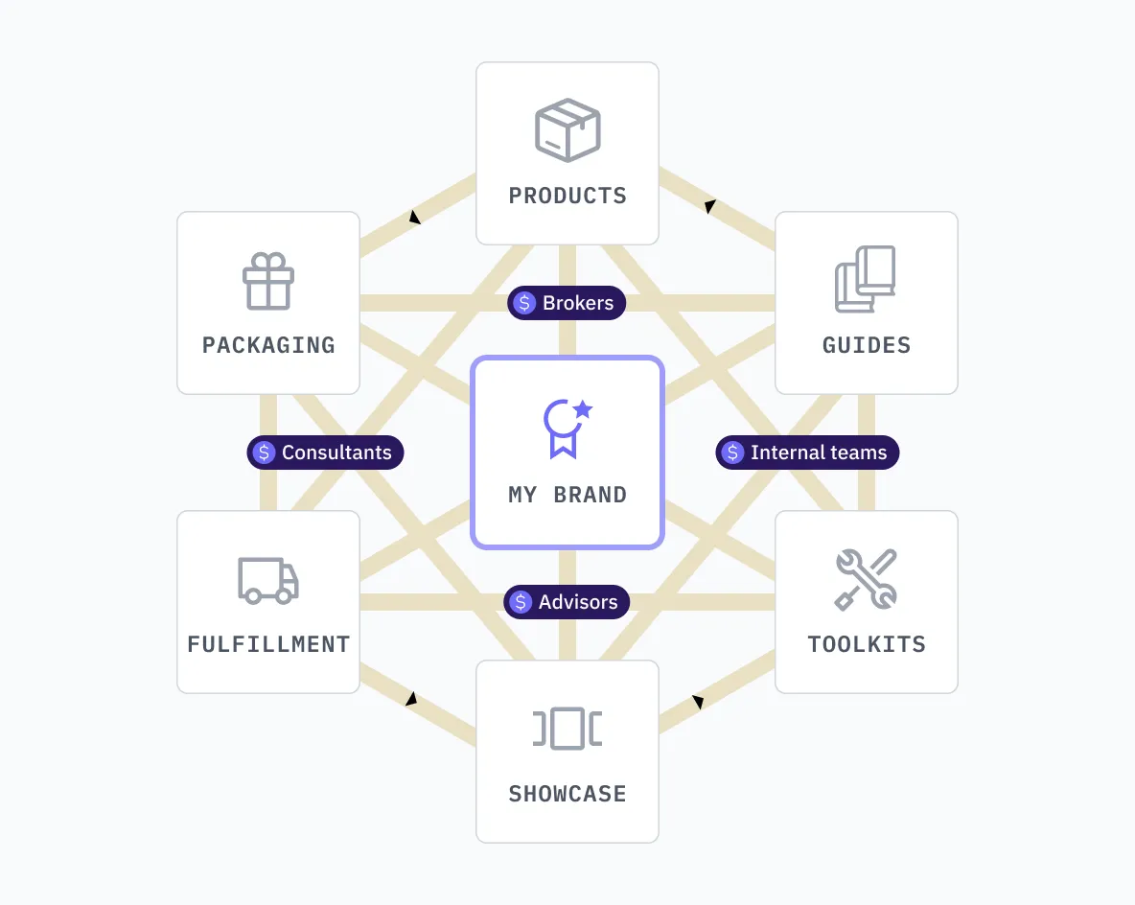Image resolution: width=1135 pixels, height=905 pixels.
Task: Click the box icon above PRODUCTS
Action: pyautogui.click(x=567, y=129)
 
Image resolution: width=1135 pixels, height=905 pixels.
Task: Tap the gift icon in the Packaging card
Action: pyautogui.click(x=268, y=281)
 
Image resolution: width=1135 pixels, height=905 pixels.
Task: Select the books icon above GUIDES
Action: pyautogui.click(x=866, y=279)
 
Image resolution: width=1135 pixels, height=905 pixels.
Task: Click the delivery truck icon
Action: pyautogui.click(x=268, y=580)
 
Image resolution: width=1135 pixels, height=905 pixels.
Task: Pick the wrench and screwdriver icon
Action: pyautogui.click(x=866, y=579)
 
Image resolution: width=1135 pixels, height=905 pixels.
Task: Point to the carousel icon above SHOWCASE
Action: pyautogui.click(x=567, y=729)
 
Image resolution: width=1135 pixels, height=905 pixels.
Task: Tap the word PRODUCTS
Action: pyautogui.click(x=567, y=196)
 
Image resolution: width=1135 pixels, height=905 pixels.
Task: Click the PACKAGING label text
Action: pyautogui.click(x=268, y=345)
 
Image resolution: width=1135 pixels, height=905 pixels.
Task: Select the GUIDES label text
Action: pyautogui.click(x=867, y=345)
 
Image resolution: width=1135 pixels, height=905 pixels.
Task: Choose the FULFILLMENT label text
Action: pyautogui.click(x=268, y=644)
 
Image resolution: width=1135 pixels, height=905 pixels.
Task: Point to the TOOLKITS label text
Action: pyautogui.click(x=867, y=644)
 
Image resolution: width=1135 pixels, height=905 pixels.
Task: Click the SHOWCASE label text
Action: pyautogui.click(x=567, y=794)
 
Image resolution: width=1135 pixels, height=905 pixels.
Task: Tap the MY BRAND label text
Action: pyautogui.click(x=567, y=495)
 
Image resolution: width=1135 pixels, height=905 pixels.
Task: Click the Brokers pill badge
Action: pyautogui.click(x=567, y=303)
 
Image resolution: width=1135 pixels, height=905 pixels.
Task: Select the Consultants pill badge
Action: pyautogui.click(x=326, y=452)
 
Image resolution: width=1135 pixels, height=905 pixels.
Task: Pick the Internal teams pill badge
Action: pyautogui.click(x=807, y=452)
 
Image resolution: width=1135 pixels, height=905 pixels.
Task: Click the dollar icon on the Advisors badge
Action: pyautogui.click(x=521, y=602)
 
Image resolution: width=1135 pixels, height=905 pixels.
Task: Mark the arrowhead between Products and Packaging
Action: pyautogui.click(x=414, y=218)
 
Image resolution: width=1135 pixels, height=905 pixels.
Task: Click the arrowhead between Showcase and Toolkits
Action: pyautogui.click(x=698, y=703)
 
